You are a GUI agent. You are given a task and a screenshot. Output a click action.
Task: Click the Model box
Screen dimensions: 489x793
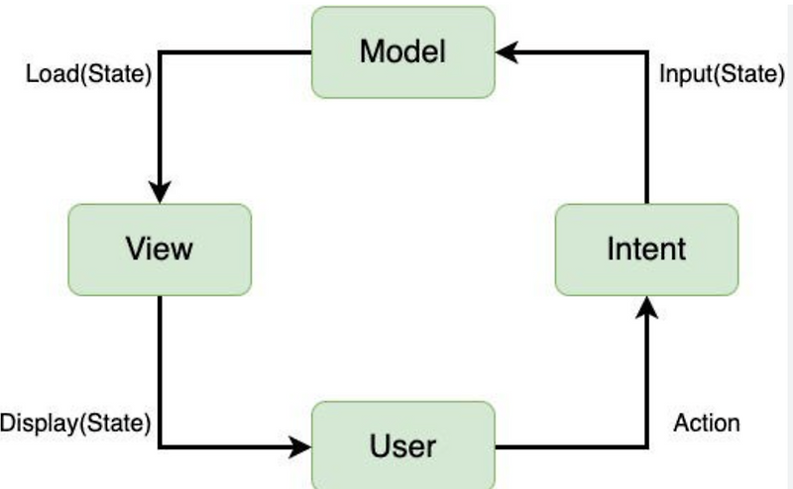coord(403,51)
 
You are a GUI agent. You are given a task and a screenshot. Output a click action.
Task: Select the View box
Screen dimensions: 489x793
coord(159,248)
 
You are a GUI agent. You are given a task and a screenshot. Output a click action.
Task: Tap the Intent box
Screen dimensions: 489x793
coord(646,248)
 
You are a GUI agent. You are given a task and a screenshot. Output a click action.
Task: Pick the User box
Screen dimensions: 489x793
coord(403,445)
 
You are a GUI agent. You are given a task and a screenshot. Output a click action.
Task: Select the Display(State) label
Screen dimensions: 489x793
coord(75,424)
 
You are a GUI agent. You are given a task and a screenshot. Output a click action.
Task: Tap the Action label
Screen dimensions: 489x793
coord(707,424)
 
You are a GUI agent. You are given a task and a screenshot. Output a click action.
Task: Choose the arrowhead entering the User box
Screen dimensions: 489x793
coord(300,446)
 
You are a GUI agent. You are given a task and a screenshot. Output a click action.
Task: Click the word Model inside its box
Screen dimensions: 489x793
coord(403,51)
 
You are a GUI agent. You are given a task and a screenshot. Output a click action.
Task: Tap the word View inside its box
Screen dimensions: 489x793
coord(159,248)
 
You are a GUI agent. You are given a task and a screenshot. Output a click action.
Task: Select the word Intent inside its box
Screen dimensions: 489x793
coord(646,248)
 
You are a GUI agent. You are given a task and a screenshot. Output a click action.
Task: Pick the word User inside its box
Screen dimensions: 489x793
coord(403,445)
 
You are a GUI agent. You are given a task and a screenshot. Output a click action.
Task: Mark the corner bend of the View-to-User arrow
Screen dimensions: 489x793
coord(159,446)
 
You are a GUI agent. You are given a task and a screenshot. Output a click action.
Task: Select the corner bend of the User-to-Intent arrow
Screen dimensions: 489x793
coord(647,446)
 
